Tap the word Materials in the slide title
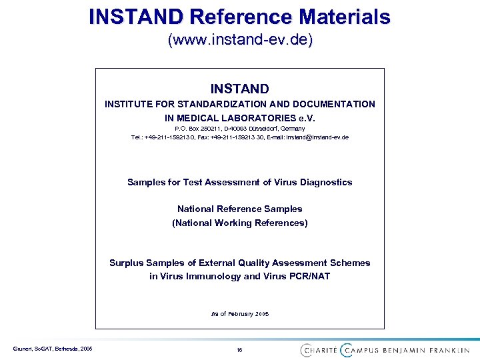[337, 16]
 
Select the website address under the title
[240, 40]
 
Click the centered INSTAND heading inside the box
[240, 89]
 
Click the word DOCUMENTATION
[332, 104]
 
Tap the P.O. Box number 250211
[205, 128]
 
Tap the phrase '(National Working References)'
[240, 223]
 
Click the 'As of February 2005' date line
[240, 313]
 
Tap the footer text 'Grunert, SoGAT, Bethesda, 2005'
[52, 349]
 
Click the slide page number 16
[239, 349]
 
